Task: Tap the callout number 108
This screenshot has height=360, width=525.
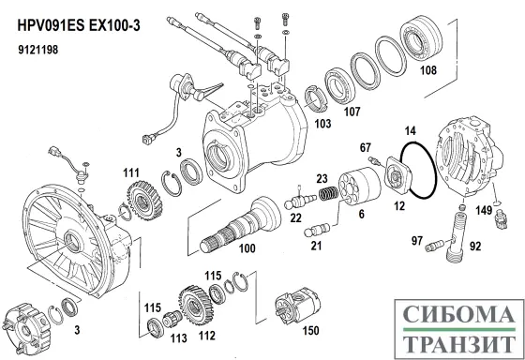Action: [x=426, y=68]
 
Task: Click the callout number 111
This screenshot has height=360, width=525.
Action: [x=129, y=172]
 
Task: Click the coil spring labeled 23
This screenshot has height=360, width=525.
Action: [x=326, y=195]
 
